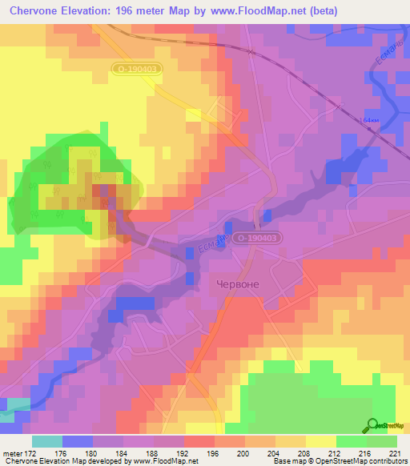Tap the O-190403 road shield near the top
(138, 70)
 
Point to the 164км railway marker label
(369, 120)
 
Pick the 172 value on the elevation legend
(32, 453)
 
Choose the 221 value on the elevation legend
(396, 453)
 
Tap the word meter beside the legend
(13, 453)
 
